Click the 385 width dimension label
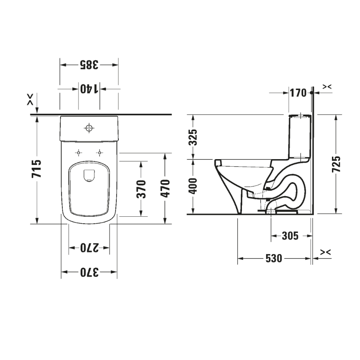coord(89,65)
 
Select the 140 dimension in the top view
coord(89,89)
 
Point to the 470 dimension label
coord(165,188)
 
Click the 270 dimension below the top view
coord(89,248)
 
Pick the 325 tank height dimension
coord(194,137)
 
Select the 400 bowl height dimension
coord(194,186)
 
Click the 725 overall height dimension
coord(336,164)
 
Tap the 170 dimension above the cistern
coord(298,93)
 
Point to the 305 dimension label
coord(290,236)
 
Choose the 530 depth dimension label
coord(274,258)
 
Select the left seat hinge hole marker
coord(78,153)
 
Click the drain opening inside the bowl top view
coord(89,175)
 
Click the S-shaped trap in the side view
coord(288,191)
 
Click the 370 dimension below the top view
coord(89,272)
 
